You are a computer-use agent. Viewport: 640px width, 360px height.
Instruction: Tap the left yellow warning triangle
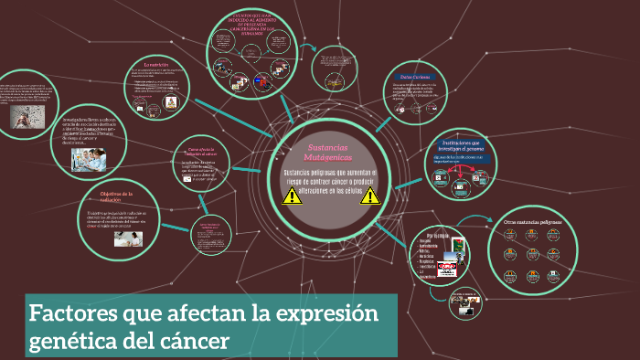click(x=293, y=196)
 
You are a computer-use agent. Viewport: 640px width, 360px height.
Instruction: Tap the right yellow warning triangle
click(x=369, y=196)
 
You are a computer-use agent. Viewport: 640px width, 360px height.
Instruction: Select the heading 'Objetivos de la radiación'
click(x=116, y=197)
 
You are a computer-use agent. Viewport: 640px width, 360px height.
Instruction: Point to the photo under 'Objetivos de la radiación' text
click(x=127, y=238)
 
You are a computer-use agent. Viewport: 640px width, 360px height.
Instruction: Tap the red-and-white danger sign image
click(x=447, y=267)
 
